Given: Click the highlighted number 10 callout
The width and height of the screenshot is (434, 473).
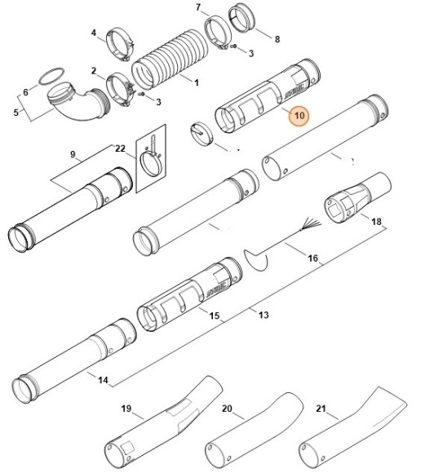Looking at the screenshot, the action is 299,116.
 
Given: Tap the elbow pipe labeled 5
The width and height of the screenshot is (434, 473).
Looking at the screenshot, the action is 77,101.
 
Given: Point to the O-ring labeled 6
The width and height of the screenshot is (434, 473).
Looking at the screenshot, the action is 51,77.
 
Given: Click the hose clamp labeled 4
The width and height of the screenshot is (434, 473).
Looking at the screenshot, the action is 120,44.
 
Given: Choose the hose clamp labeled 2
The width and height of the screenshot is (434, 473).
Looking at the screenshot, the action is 120,90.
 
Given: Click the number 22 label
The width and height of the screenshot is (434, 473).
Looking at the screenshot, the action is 120,148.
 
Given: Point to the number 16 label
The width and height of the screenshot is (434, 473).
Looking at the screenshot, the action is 312,259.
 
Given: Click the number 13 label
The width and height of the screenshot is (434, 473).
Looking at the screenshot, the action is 263,315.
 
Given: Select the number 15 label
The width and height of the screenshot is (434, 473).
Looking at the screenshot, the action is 215,316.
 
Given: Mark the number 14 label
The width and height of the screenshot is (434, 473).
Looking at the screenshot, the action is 103,380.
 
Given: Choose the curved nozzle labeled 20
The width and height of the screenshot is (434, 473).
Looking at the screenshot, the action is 254,431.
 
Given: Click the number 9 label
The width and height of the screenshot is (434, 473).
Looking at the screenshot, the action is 73,154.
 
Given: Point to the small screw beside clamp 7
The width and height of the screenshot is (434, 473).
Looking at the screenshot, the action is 233,46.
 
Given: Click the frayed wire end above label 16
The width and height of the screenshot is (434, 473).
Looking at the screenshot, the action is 310,225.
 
